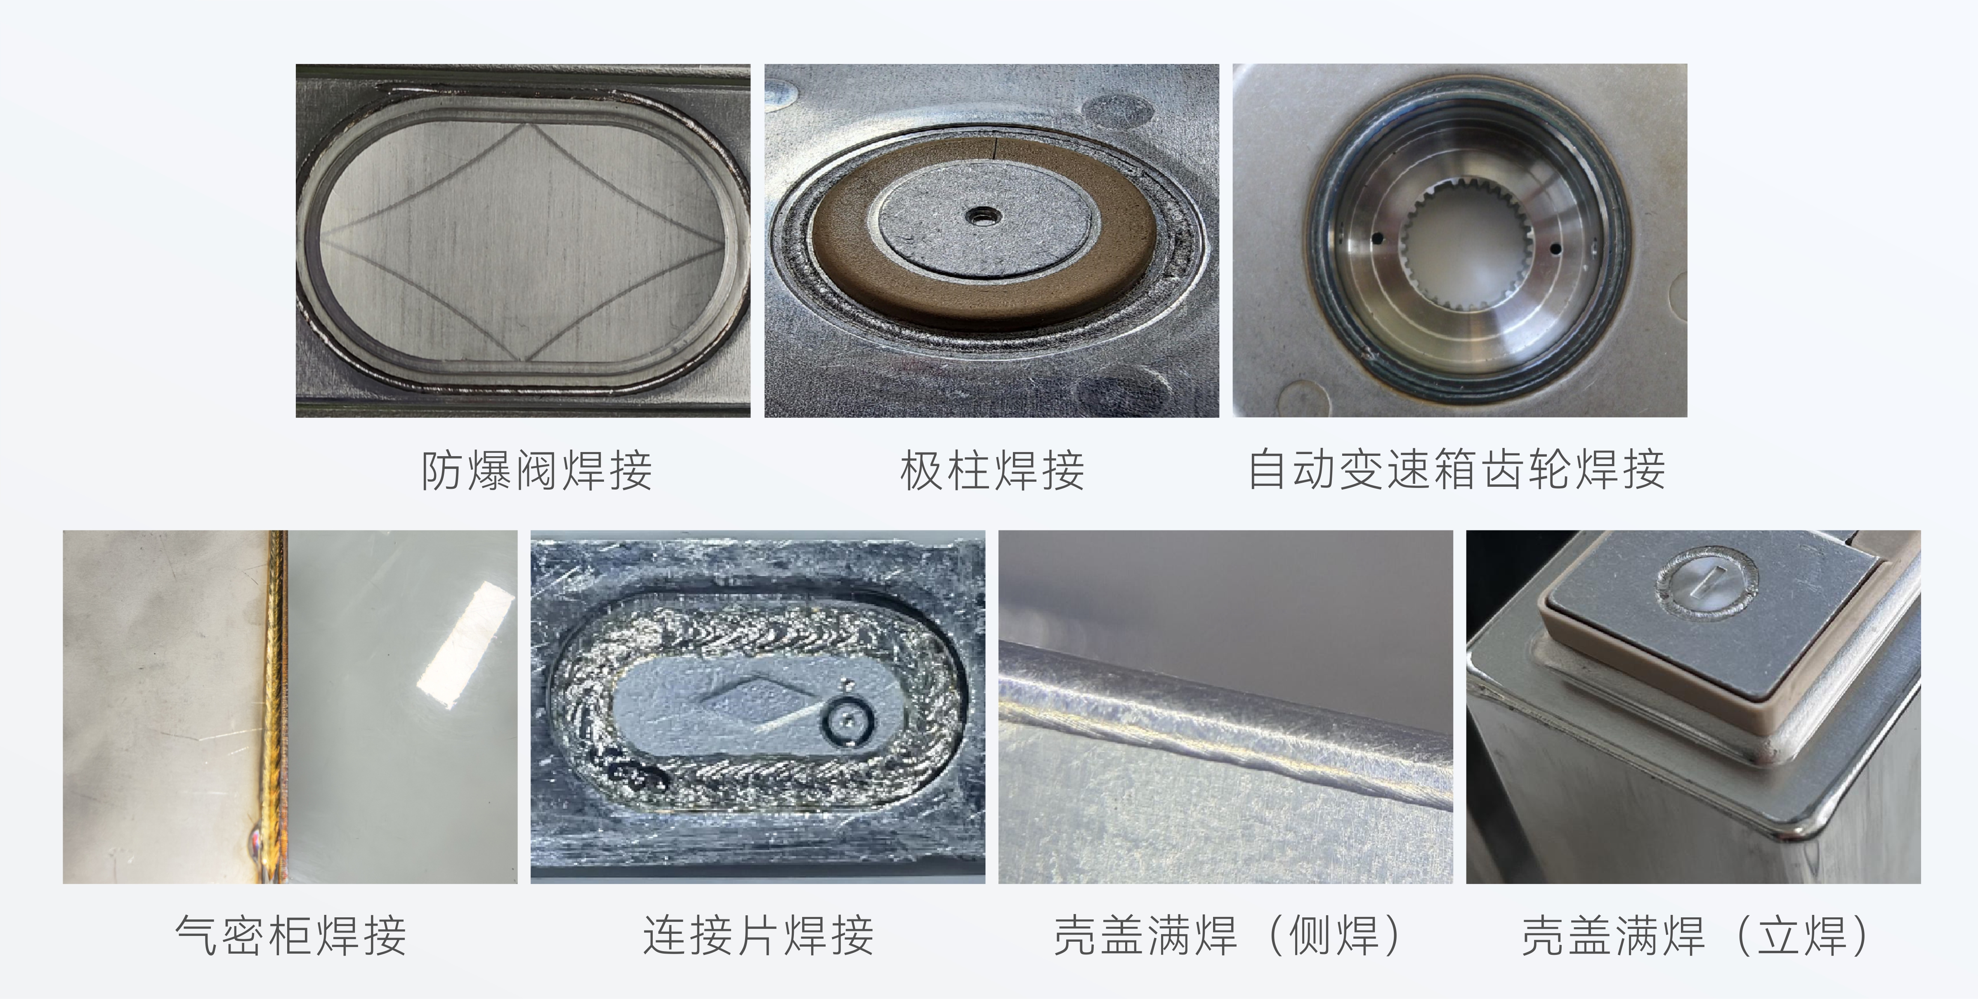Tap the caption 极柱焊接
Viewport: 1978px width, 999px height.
point(992,470)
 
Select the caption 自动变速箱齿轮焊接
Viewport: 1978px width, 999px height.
point(1456,470)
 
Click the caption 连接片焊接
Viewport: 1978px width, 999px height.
point(759,935)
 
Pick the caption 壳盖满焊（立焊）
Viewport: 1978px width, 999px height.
point(1695,935)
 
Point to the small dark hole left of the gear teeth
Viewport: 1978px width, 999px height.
point(1376,237)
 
